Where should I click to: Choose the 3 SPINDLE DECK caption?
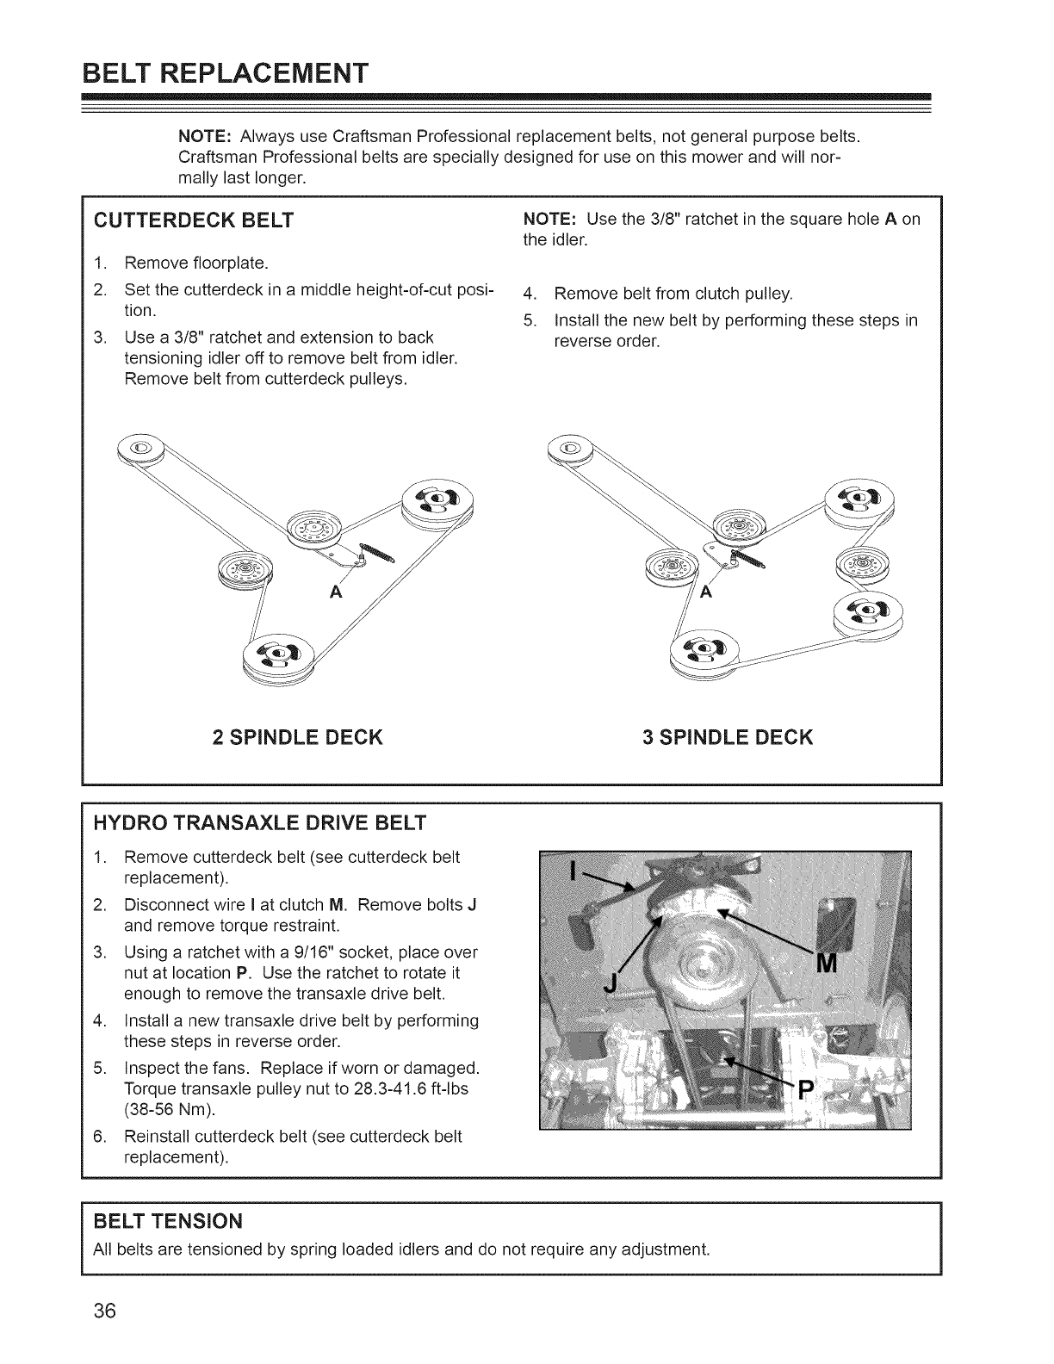[728, 737]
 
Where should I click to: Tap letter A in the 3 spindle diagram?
[706, 592]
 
